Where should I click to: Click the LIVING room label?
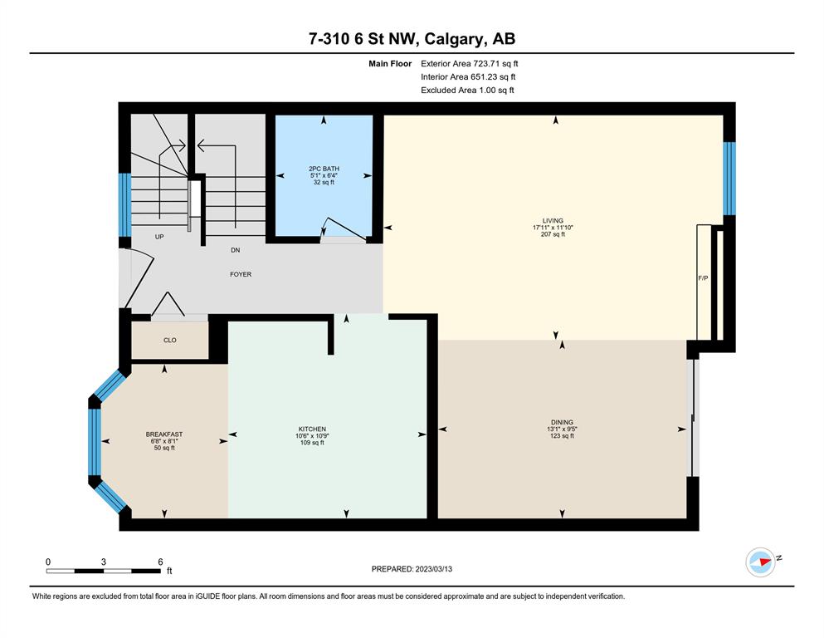[x=553, y=221]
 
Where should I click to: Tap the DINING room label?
[x=562, y=422]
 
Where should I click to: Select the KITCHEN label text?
[x=312, y=429]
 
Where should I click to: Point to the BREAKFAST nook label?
[x=164, y=434]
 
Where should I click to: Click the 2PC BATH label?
[x=324, y=169]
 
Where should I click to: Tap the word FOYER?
[x=241, y=274]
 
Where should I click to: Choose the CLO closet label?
[x=170, y=341]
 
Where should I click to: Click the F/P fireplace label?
[x=703, y=278]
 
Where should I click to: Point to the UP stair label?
[x=159, y=238]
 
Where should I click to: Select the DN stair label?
[x=236, y=250]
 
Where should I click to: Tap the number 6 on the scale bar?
[x=160, y=562]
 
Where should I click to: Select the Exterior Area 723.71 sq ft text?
[x=470, y=64]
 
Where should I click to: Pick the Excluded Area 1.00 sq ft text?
[x=467, y=90]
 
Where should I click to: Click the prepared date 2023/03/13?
[x=433, y=569]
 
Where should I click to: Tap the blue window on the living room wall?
[x=729, y=179]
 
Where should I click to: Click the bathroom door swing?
[x=344, y=229]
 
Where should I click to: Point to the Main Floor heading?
[x=390, y=64]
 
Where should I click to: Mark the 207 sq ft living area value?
[x=553, y=234]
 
